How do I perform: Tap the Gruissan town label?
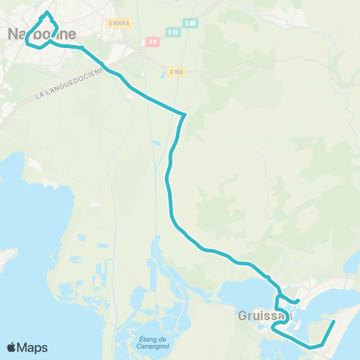262,316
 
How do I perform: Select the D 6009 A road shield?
118,23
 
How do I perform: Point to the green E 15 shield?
174,32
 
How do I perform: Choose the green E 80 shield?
192,23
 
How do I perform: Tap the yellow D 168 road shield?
176,72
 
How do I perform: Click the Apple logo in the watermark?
12,347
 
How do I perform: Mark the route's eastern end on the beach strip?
334,321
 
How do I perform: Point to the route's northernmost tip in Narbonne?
47,12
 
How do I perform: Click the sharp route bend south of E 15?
184,114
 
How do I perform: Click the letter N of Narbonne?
13,33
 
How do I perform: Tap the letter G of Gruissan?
242,316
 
